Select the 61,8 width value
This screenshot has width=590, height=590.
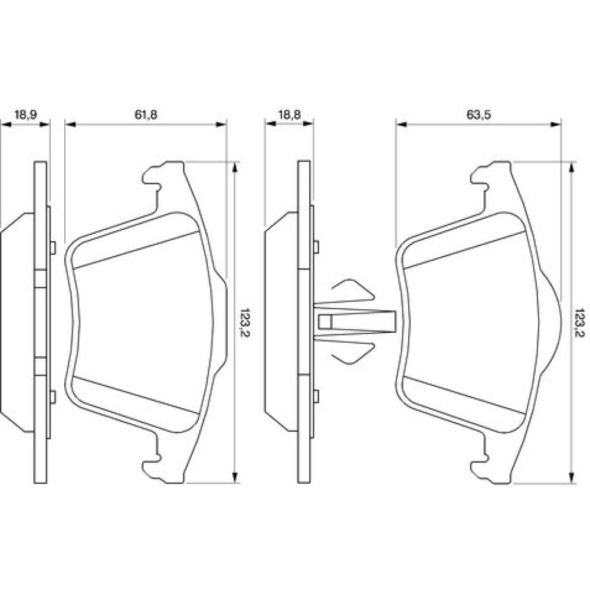[145, 115]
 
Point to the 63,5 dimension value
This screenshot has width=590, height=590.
[479, 115]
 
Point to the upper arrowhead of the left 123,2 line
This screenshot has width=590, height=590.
[235, 168]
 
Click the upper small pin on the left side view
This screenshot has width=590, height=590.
[53, 247]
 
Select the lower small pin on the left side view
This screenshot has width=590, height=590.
[53, 396]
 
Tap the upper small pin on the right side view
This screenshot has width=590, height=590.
[316, 246]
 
